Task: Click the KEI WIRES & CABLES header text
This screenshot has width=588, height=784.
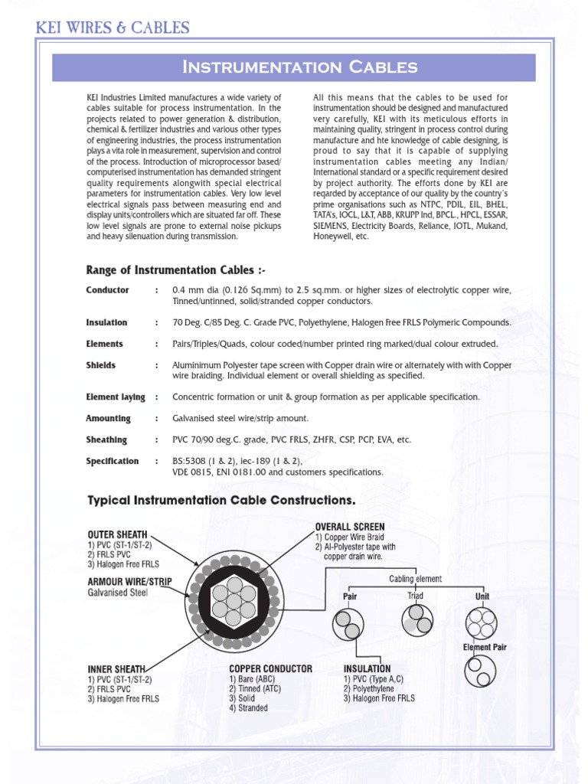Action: pos(113,28)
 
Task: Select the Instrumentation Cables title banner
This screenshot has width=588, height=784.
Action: pos(299,67)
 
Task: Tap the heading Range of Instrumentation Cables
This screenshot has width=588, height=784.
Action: pos(176,270)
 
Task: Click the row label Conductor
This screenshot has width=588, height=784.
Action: pos(108,290)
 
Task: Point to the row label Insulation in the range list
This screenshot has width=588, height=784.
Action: pos(107,322)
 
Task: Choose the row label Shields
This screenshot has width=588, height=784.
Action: pos(101,365)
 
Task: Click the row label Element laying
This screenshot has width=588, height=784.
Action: pos(116,397)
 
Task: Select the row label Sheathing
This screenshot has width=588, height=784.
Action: pos(107,439)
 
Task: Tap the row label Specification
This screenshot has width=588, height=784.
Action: pos(113,461)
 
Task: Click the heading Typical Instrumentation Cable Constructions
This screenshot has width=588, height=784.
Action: pos(222,500)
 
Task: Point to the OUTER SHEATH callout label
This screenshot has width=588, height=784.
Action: pos(117,534)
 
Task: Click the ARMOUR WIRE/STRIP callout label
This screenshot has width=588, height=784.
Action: pos(129,581)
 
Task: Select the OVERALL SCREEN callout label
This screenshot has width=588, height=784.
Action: pos(350,527)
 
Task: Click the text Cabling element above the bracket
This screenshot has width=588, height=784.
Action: pos(416,579)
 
